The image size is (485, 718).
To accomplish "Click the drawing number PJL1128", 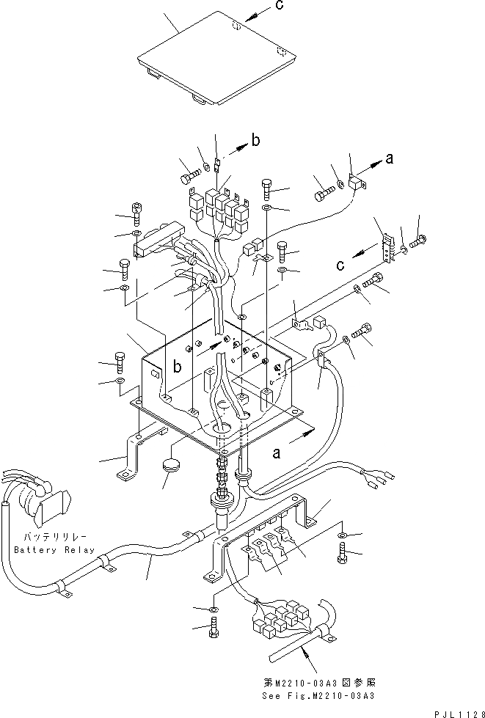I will pos(456,711).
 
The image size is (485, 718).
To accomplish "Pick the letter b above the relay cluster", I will pos(255,142).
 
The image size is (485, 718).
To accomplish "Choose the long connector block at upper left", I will pos(155,242).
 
